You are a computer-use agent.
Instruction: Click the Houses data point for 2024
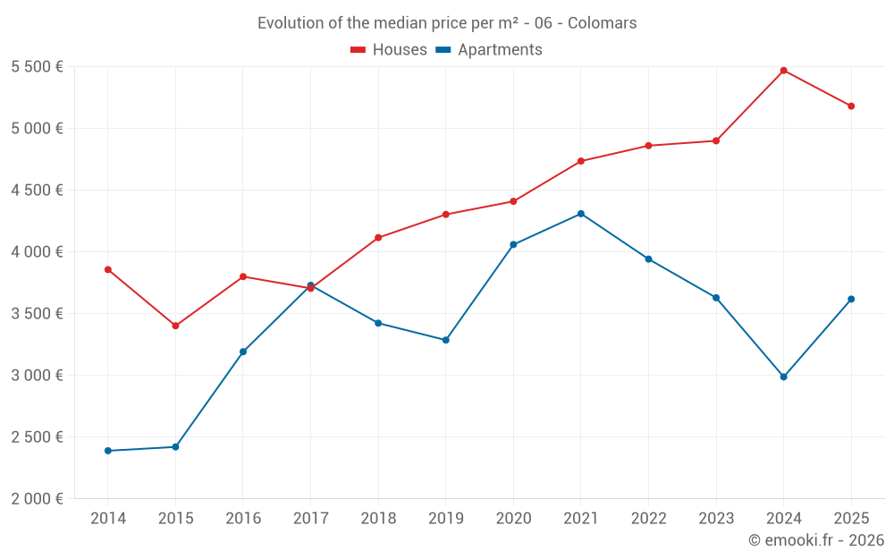783,71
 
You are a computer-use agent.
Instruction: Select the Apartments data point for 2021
581,214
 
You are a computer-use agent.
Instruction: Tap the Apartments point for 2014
108,451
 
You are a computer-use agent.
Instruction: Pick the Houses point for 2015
175,326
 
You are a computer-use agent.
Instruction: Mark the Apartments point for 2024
783,377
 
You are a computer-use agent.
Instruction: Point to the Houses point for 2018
378,238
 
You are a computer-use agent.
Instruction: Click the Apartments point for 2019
446,340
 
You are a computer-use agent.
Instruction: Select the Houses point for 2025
851,106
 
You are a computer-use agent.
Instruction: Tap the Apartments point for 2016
243,351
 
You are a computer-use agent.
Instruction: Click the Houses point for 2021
581,161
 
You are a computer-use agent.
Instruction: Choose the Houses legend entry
389,50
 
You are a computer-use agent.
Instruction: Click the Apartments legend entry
489,50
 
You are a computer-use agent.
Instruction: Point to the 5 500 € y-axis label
37,67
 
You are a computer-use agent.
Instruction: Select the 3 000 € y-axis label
37,376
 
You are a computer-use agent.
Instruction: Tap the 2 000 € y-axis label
37,499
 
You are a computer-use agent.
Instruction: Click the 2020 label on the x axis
513,519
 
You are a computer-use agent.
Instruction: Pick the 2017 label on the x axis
310,519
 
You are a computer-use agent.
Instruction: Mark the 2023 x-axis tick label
716,519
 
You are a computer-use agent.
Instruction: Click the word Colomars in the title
603,23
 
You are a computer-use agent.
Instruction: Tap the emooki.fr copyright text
815,540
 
